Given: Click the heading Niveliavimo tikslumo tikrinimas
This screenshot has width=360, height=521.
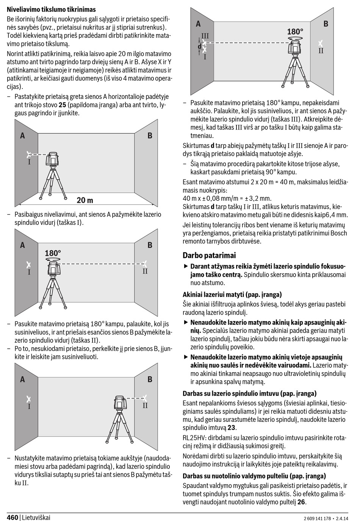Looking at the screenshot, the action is (51, 9).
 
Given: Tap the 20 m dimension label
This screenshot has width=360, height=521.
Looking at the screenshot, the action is (85, 200).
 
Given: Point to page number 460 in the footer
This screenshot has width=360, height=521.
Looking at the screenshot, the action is (13, 517).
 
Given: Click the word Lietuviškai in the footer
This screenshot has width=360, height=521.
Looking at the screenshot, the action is (36, 517).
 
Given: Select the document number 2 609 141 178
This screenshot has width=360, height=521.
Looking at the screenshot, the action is (318, 518).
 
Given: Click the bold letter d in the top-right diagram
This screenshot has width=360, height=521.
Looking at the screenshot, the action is (200, 47).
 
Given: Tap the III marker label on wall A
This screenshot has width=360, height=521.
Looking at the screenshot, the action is (205, 36).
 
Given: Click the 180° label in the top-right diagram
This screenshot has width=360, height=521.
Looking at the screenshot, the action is (295, 31).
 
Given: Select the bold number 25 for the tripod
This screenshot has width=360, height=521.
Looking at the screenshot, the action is (63, 105).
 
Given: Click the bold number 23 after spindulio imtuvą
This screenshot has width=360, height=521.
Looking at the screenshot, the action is (232, 427).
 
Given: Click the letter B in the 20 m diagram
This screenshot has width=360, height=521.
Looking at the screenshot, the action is (150, 136).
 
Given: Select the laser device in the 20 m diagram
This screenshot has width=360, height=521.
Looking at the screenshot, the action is (53, 160).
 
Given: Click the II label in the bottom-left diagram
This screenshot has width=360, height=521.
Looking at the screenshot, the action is (145, 406).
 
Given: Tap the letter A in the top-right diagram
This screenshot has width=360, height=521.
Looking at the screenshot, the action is (198, 24).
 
